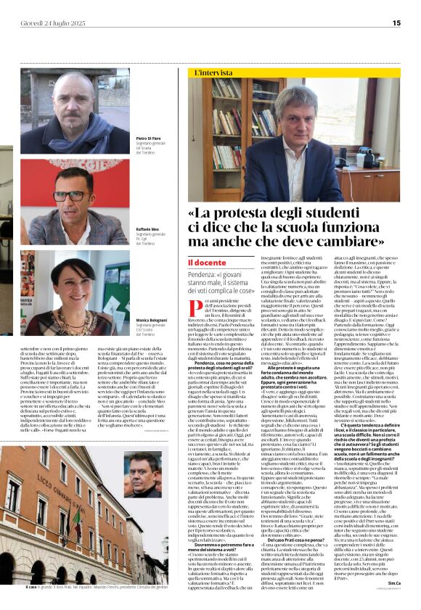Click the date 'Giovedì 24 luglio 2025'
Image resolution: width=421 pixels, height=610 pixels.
coord(53,23)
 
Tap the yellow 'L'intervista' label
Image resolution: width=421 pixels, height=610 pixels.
coord(211,74)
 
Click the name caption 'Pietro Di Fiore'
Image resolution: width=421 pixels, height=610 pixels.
coord(148,137)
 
